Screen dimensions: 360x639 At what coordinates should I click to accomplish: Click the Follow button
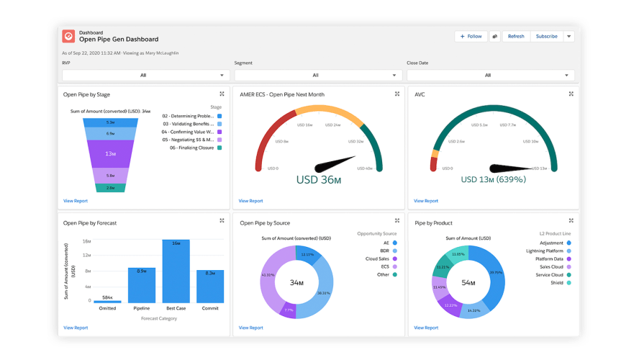471,36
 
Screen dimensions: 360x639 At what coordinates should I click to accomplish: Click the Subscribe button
546,36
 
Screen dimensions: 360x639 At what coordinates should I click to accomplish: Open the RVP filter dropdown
144,75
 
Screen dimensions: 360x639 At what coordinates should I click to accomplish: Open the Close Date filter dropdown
489,75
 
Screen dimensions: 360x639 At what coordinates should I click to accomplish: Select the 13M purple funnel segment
110,153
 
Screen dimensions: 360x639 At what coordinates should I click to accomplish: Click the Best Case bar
176,271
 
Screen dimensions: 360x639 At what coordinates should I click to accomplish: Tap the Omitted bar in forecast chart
107,301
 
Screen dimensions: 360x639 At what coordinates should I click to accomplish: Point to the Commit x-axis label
209,308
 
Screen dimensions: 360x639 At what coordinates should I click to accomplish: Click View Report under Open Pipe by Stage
76,201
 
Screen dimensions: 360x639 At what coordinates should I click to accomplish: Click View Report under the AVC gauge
426,201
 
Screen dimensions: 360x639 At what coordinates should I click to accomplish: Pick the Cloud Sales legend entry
378,258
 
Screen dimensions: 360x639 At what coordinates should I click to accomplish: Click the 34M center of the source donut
296,282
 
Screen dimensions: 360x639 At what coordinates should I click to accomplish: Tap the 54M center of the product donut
468,282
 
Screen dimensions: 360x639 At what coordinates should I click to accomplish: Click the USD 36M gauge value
319,180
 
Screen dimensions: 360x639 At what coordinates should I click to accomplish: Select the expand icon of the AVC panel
571,94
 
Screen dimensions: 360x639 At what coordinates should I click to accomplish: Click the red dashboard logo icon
68,36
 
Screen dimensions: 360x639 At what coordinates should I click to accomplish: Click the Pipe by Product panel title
433,223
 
